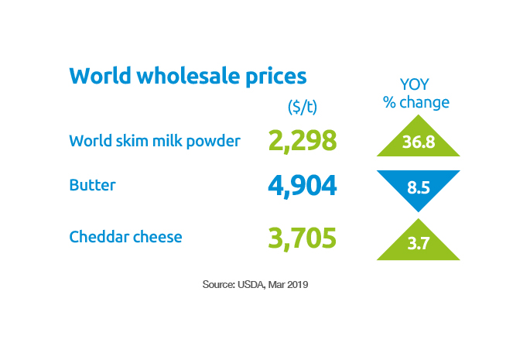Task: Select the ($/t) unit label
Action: click(x=303, y=106)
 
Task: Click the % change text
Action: click(x=416, y=102)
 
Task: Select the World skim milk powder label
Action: click(x=154, y=141)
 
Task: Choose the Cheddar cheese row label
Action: click(x=125, y=236)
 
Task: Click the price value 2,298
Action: click(x=303, y=141)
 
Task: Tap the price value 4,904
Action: click(x=303, y=187)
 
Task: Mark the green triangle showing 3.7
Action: click(x=417, y=243)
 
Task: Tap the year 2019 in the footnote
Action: click(x=299, y=285)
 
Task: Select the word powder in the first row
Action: click(x=214, y=142)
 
